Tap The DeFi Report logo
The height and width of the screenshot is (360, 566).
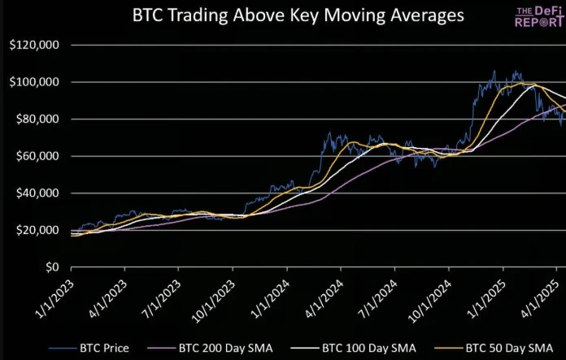539,16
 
